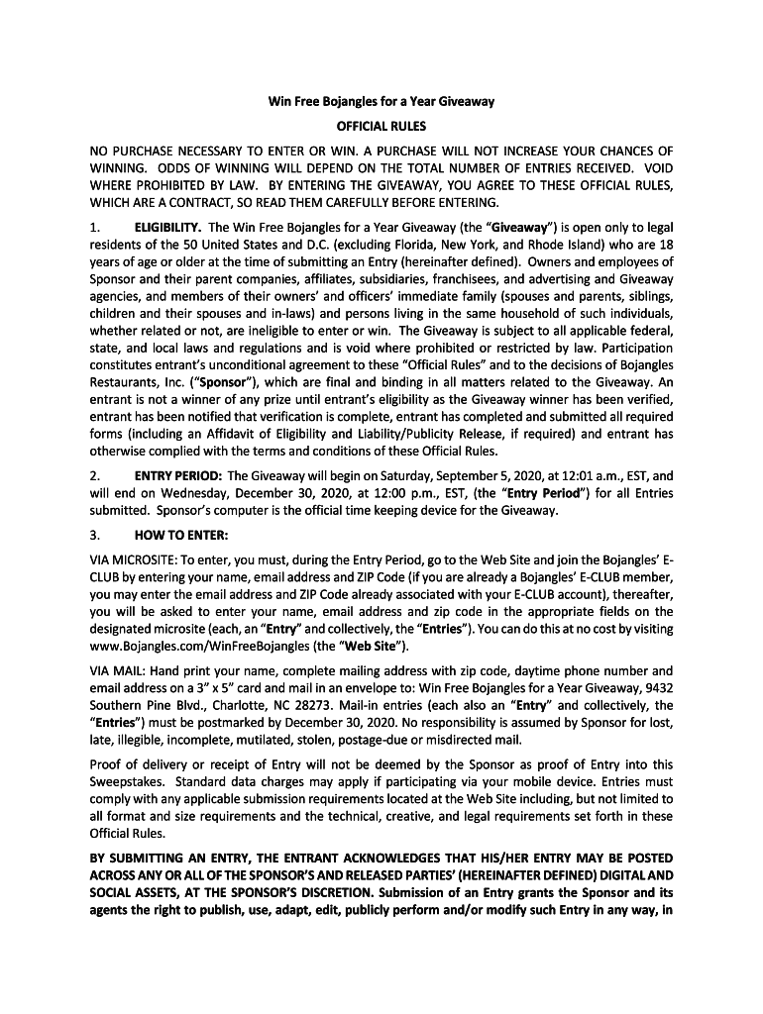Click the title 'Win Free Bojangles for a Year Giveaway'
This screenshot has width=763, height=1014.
tap(381, 102)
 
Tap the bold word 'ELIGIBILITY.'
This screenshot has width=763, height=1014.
tap(168, 227)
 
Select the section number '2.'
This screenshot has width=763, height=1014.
tap(95, 475)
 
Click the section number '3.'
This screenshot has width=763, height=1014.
tap(95, 536)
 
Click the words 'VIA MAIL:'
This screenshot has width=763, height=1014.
tap(116, 670)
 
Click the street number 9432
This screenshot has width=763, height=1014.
tap(654, 688)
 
